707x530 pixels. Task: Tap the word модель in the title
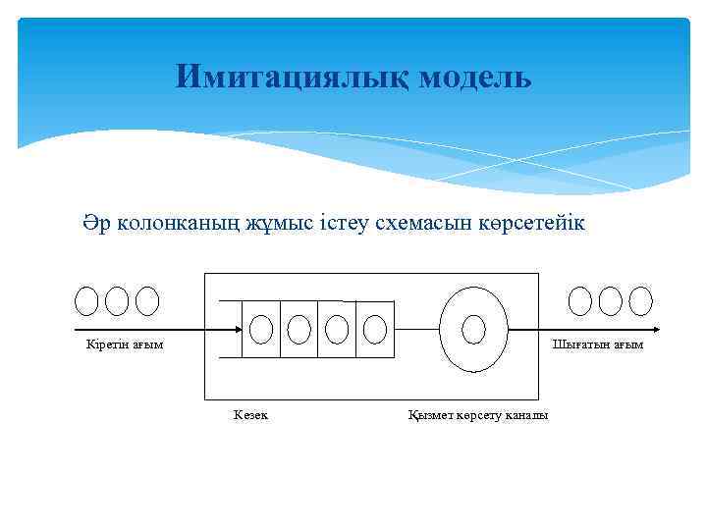(x=475, y=77)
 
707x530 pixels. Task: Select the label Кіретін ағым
(x=121, y=344)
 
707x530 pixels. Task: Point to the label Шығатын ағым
(x=598, y=344)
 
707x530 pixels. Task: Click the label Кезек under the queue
(x=250, y=415)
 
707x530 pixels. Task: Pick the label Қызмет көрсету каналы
(x=478, y=415)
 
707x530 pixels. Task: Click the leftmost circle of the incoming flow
(x=87, y=300)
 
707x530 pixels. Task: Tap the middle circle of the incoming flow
(x=117, y=300)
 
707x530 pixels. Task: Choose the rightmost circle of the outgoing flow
(x=641, y=300)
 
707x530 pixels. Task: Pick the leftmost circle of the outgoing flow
(x=581, y=300)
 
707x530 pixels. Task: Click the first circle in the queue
(x=261, y=329)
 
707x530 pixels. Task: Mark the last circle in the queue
(x=374, y=329)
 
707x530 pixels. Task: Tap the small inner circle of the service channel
(x=474, y=328)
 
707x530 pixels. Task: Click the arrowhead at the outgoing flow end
(x=655, y=331)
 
